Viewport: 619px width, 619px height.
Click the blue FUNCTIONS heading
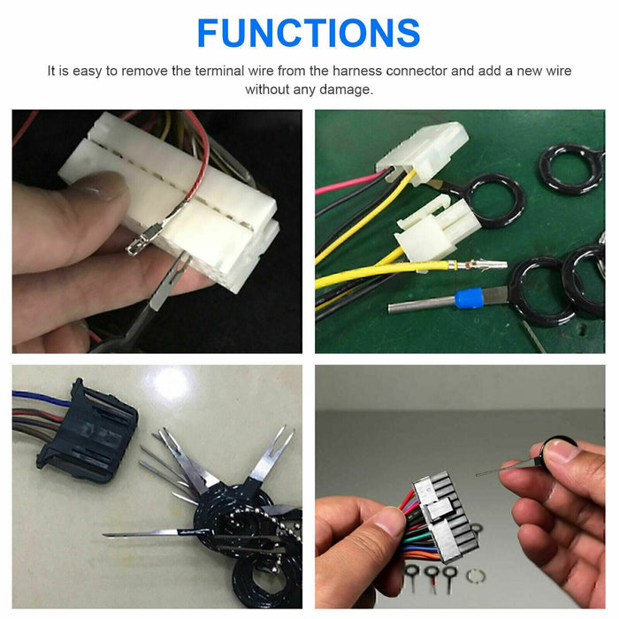click(x=309, y=33)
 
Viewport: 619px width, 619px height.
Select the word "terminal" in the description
click(x=219, y=71)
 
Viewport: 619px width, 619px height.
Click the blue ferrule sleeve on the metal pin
click(x=469, y=299)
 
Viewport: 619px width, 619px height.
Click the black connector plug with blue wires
click(x=87, y=432)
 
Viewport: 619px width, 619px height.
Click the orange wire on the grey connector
click(x=420, y=555)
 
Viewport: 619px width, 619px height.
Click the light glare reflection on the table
click(x=171, y=382)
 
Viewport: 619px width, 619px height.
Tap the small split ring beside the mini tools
click(x=476, y=577)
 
